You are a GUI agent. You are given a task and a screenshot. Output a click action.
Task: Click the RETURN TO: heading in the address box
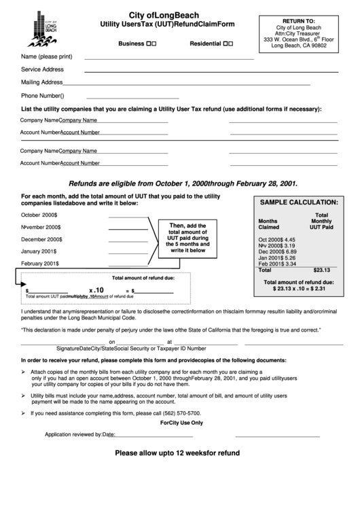click(x=299, y=21)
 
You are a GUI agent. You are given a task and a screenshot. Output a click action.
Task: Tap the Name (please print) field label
click(x=47, y=56)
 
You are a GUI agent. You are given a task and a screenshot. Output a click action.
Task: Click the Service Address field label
click(x=42, y=69)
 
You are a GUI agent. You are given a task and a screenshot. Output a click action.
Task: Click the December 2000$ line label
click(x=41, y=239)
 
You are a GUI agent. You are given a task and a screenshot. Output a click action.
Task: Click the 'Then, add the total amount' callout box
click(x=187, y=238)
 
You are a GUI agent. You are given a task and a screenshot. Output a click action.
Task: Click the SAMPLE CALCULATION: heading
click(x=294, y=203)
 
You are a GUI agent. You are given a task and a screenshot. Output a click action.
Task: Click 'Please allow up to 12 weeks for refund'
click(x=177, y=452)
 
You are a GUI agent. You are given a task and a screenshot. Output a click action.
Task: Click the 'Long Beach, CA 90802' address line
click(x=299, y=46)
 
